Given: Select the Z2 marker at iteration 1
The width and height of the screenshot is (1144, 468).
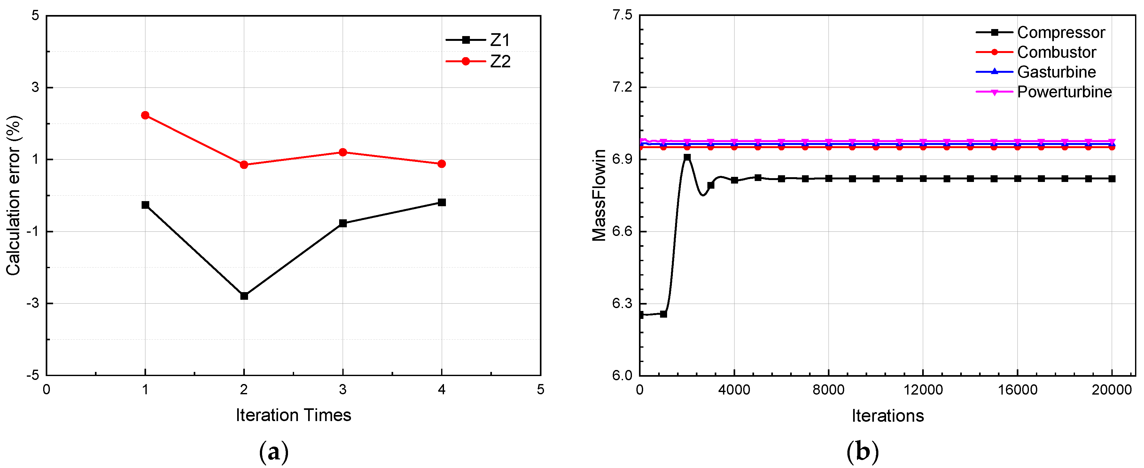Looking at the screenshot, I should (x=145, y=115).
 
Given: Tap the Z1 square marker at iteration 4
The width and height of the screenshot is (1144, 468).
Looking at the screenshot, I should (x=441, y=202).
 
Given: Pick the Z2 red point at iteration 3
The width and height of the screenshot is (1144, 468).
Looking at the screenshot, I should (x=342, y=152).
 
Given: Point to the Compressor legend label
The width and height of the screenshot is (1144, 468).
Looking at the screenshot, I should (x=1061, y=32).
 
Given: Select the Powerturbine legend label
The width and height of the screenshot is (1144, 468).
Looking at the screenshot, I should (x=1064, y=92).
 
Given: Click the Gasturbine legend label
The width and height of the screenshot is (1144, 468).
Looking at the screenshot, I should (x=1056, y=72).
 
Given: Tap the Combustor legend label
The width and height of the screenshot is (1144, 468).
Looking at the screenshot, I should (x=1056, y=52).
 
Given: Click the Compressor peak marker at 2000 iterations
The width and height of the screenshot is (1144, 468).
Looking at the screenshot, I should (x=687, y=157).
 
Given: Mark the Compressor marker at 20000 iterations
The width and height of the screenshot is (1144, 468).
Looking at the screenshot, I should (x=1112, y=179).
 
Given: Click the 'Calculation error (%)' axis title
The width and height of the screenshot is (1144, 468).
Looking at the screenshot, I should (x=14, y=195).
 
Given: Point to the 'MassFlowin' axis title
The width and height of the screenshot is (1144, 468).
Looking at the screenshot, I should (x=599, y=195).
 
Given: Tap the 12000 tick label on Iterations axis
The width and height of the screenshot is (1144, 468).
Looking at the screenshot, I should (x=923, y=390).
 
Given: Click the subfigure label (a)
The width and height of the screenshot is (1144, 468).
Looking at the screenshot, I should (x=274, y=452).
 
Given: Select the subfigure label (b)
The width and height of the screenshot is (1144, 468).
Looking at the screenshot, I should (x=862, y=452).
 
